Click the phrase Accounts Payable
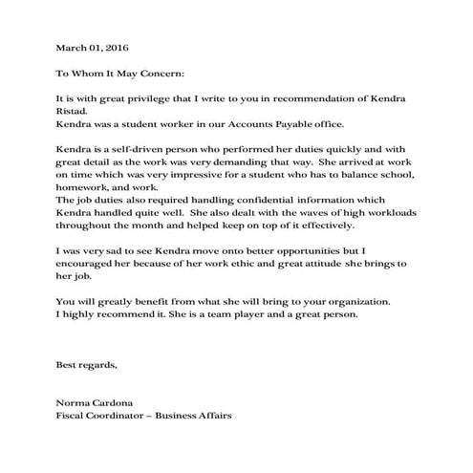pyautogui.click(x=270, y=125)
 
